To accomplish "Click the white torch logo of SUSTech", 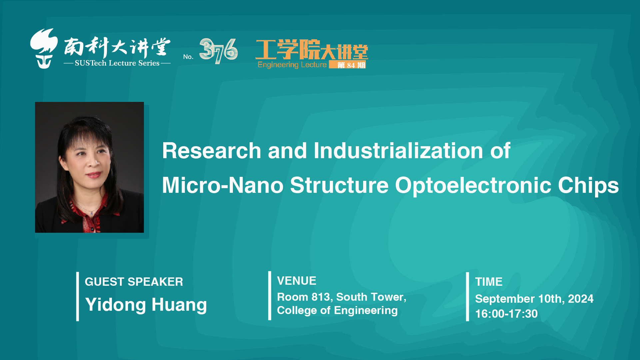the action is [x=44, y=49].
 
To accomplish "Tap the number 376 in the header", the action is [x=219, y=51].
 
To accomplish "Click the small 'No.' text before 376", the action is [x=188, y=57].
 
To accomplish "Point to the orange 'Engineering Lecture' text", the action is [x=292, y=65].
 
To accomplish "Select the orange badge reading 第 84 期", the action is [x=347, y=65].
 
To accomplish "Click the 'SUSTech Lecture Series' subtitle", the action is [x=117, y=63].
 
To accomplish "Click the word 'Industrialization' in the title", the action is [x=398, y=151].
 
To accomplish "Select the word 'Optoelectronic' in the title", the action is [x=473, y=185].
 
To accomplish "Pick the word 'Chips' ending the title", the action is [x=588, y=185].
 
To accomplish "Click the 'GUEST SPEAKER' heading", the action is [x=134, y=282].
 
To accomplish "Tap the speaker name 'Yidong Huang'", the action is [x=146, y=305].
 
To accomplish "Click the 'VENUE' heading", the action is [x=297, y=281].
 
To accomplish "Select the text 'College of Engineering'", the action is [x=337, y=310].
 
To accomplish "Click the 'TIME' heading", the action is [x=489, y=282].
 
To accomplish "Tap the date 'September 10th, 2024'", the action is [x=534, y=299].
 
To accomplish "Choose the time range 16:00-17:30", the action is [x=506, y=314].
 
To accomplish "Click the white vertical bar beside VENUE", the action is [x=270, y=296].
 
